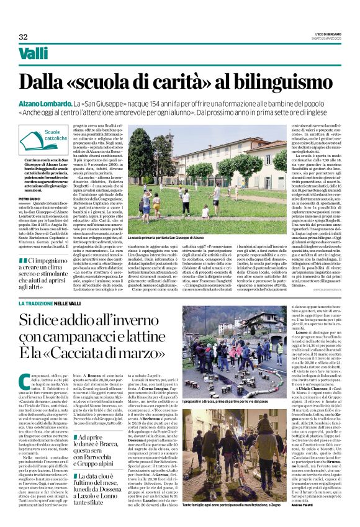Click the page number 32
[x=24, y=37]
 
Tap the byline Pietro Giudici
[x=29, y=200]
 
